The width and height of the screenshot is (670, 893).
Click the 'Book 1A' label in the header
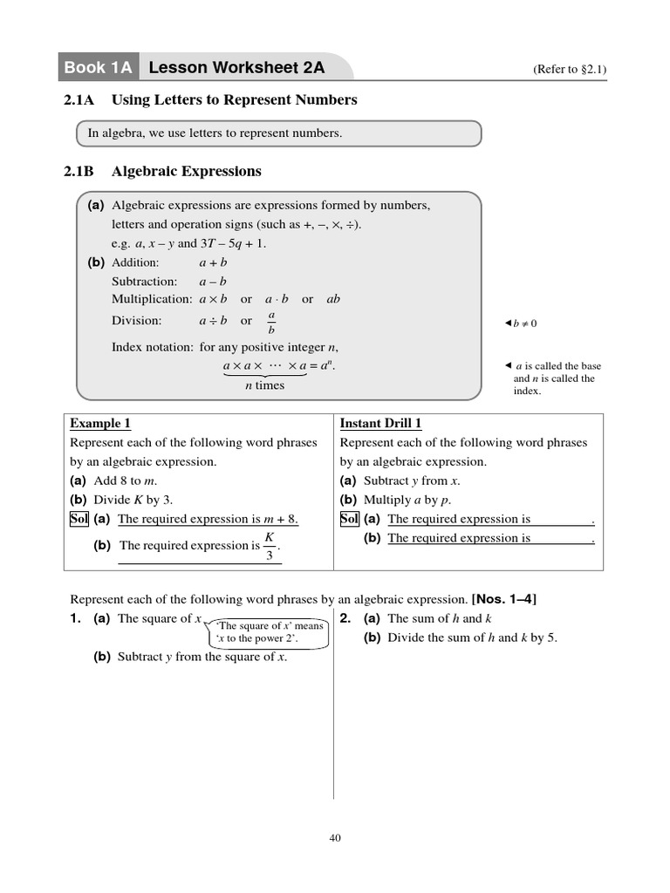click(x=96, y=67)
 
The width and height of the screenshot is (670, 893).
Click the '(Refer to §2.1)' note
click(x=569, y=70)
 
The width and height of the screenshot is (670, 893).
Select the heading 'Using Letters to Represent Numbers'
click(x=234, y=100)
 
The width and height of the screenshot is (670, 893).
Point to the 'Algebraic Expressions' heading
click(x=186, y=172)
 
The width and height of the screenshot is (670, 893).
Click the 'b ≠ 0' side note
click(x=523, y=324)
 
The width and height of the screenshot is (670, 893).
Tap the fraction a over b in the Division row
click(x=271, y=321)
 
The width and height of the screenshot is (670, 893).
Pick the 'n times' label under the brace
click(x=264, y=385)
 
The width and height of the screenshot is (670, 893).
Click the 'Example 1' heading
click(x=100, y=424)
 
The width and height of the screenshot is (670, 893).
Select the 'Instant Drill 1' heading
click(x=380, y=424)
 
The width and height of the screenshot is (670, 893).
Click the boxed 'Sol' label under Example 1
click(x=79, y=519)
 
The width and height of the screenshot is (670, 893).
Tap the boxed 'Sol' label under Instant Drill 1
click(x=349, y=519)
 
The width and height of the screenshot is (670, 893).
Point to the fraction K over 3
click(x=270, y=545)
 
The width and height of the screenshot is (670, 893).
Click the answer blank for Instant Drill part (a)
click(x=563, y=520)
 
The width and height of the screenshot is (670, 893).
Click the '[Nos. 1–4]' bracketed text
click(x=504, y=599)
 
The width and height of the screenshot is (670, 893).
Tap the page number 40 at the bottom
click(x=335, y=838)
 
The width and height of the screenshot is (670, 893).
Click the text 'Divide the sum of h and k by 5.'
click(x=472, y=637)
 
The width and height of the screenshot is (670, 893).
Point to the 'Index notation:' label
click(x=152, y=347)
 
